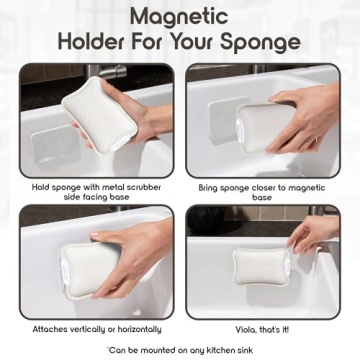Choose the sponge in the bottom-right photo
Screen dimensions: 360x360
coord(262,265)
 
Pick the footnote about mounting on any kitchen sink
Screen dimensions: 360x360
coord(180,349)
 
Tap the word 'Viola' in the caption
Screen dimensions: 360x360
coord(243,328)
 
